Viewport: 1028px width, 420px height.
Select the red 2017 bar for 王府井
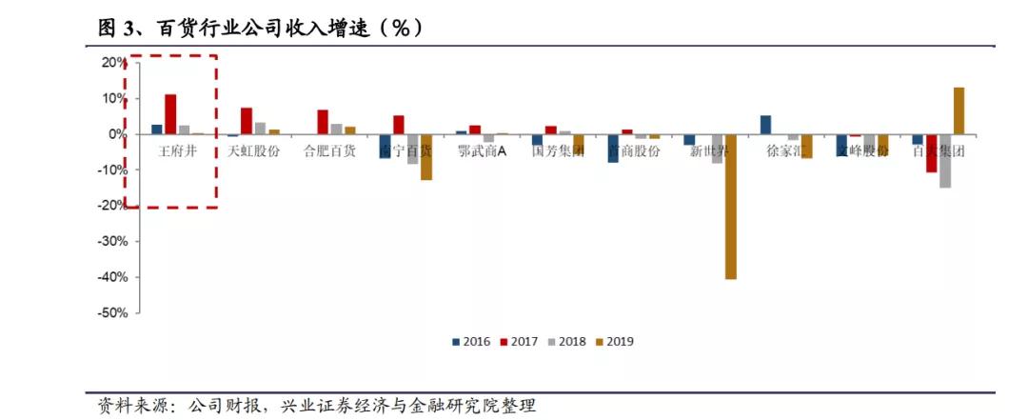click(170, 114)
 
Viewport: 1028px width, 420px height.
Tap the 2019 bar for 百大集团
click(959, 110)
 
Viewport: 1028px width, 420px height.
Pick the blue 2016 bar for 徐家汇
click(765, 125)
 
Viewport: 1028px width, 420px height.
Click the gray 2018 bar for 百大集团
click(944, 161)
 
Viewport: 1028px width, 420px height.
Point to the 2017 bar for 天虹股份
click(247, 121)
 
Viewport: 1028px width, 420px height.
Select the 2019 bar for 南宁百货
click(426, 157)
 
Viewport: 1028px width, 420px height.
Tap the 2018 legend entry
click(570, 341)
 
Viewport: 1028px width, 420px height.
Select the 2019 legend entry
click(617, 341)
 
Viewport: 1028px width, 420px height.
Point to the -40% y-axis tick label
click(112, 277)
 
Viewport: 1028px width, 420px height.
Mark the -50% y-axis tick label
click(112, 313)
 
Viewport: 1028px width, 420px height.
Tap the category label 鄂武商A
click(482, 150)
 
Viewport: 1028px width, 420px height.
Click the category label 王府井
click(177, 150)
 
